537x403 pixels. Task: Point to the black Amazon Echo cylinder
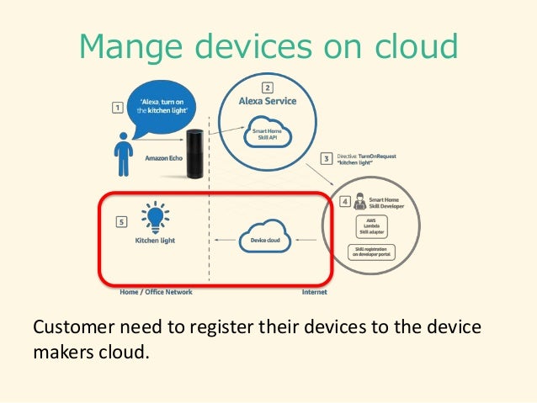(x=197, y=152)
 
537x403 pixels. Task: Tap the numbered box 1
(x=117, y=107)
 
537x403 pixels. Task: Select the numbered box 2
(x=267, y=87)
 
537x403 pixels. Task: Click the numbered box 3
(x=327, y=157)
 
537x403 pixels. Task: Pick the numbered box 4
(x=344, y=202)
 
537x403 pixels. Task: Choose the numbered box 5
(x=121, y=222)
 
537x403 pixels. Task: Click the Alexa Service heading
(x=268, y=102)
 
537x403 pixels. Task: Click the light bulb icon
(x=156, y=215)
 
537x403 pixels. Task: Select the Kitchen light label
(x=156, y=240)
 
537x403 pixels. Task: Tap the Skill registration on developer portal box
(x=371, y=252)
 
